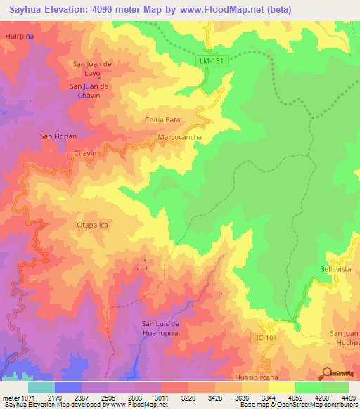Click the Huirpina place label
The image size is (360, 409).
pyautogui.click(x=18, y=34)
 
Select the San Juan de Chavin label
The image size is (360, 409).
pyautogui.click(x=89, y=91)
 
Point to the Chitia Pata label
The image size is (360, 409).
pyautogui.click(x=163, y=120)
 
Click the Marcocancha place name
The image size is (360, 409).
pyautogui.click(x=181, y=136)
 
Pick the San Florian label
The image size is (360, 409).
pyautogui.click(x=58, y=136)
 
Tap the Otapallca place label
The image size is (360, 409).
pyautogui.click(x=91, y=225)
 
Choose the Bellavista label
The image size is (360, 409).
pyautogui.click(x=335, y=269)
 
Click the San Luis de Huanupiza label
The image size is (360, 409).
pyautogui.click(x=162, y=327)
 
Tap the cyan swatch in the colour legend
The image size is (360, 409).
pyautogui.click(x=41, y=387)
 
